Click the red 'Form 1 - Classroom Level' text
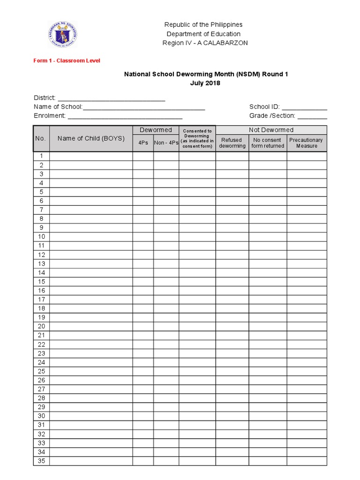coord(67,60)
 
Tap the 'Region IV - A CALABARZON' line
coord(205,43)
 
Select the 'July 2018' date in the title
coord(205,83)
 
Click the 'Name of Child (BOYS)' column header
coord(91,138)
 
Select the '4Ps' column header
coord(143,143)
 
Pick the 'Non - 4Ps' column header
coord(166,143)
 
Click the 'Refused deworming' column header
coord(232,143)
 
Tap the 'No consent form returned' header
coord(268,143)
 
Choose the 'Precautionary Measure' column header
coord(307,143)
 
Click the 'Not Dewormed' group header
coord(271,130)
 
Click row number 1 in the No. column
coord(41,156)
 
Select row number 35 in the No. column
coord(41,461)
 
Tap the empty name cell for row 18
coord(91,308)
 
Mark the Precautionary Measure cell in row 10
coord(307,237)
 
